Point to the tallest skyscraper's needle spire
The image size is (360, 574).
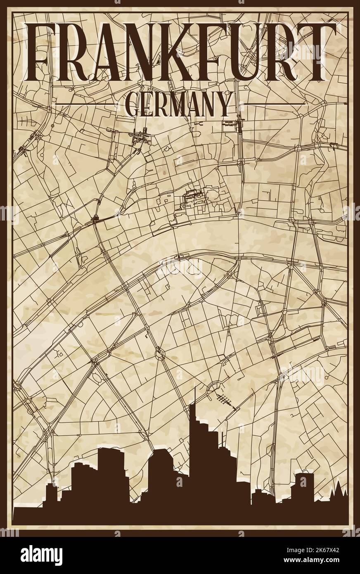pyautogui.click(x=195, y=394)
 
